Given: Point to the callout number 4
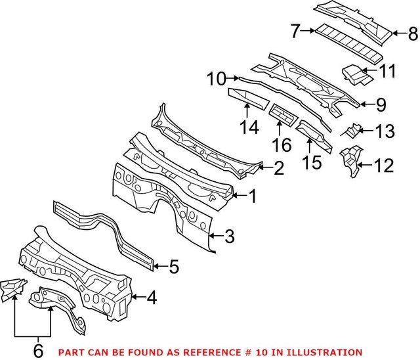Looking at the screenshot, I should (151, 299).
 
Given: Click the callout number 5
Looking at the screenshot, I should (173, 267).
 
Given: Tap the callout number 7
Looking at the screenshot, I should (295, 30).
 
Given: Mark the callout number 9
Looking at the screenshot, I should (381, 104).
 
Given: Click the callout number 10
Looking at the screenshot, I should (215, 79).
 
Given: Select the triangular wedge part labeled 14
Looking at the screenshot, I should (247, 98).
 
